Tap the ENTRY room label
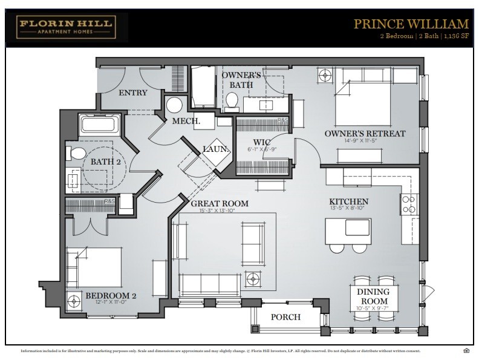click(132, 93)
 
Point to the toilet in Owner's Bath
click(232, 100)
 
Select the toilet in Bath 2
click(73, 152)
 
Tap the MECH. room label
click(186, 121)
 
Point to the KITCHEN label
click(348, 201)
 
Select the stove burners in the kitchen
click(408, 204)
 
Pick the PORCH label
click(285, 317)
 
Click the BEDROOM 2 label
click(109, 296)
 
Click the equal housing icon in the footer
click(466, 351)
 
